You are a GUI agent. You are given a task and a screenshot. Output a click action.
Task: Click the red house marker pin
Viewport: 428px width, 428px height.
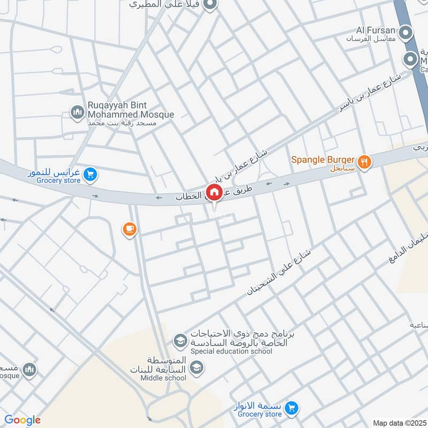(x=214, y=192)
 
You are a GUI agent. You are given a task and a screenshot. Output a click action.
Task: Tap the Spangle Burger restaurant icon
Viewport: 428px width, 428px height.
(x=364, y=161)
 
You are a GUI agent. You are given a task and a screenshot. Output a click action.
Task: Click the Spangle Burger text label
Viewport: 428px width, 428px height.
(x=323, y=159)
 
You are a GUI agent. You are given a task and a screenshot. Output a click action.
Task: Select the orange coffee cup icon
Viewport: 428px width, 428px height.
(x=129, y=230)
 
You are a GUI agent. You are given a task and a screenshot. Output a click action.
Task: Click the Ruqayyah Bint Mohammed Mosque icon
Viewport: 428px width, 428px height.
(x=77, y=112)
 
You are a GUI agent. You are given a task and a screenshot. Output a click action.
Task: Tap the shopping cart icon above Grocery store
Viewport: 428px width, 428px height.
(x=91, y=174)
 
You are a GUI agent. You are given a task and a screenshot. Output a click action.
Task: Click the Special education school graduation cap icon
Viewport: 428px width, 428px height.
(x=179, y=340)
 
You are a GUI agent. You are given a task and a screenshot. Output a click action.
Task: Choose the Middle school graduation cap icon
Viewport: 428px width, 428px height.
(x=196, y=367)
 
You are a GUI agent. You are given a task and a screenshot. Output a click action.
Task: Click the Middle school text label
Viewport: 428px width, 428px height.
(x=163, y=378)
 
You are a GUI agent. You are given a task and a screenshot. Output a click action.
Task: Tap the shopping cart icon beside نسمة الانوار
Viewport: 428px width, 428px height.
(x=292, y=408)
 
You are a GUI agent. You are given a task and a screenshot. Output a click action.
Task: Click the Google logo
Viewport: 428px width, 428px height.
(x=22, y=420)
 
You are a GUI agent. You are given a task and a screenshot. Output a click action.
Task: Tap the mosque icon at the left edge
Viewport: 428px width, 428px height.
(x=29, y=369)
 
